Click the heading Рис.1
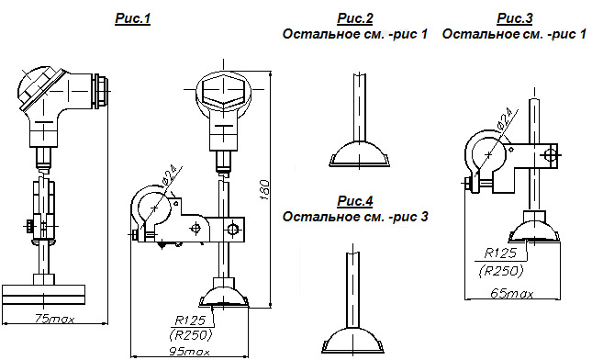click(132, 18)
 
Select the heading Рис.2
click(355, 18)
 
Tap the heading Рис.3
click(515, 18)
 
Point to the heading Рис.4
click(355, 201)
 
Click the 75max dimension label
click(55, 320)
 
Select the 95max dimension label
click(189, 352)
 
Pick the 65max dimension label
click(512, 294)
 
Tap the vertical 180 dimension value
click(265, 189)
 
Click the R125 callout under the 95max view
click(190, 321)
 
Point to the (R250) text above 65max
click(501, 271)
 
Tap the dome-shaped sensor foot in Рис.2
click(359, 154)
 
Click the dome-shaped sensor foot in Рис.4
click(353, 341)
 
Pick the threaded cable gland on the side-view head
click(101, 91)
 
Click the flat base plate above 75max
click(43, 295)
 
